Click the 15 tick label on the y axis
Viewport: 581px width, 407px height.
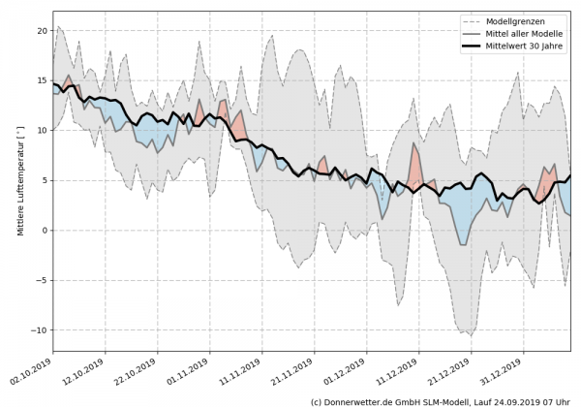tap(40, 80)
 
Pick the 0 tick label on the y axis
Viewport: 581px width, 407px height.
tap(43, 230)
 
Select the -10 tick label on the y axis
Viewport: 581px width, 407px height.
tap(38, 329)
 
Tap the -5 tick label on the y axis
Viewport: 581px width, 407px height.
tap(41, 280)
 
